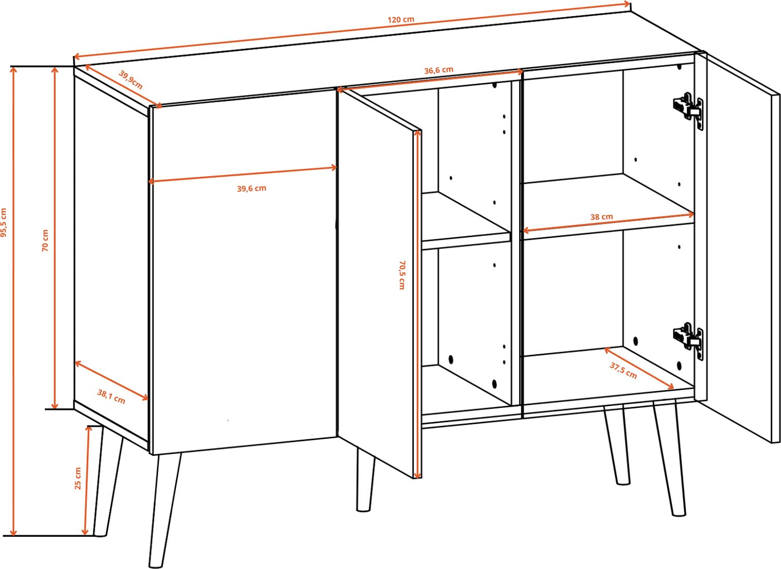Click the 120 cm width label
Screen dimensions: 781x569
400,19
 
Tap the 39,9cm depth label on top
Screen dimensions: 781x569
131,80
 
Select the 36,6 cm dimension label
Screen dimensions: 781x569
438,70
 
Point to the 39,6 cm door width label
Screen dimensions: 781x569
251,189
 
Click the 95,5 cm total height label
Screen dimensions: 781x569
4,222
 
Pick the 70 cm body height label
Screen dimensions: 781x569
45,240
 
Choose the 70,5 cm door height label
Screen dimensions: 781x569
402,275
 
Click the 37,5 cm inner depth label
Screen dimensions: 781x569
623,371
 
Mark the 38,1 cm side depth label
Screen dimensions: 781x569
111,397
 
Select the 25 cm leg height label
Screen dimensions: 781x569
78,478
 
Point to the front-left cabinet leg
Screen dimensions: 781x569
165,511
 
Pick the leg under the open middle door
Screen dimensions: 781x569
366,481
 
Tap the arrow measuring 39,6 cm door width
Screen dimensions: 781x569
243,175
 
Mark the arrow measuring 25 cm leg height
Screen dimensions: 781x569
87,485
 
